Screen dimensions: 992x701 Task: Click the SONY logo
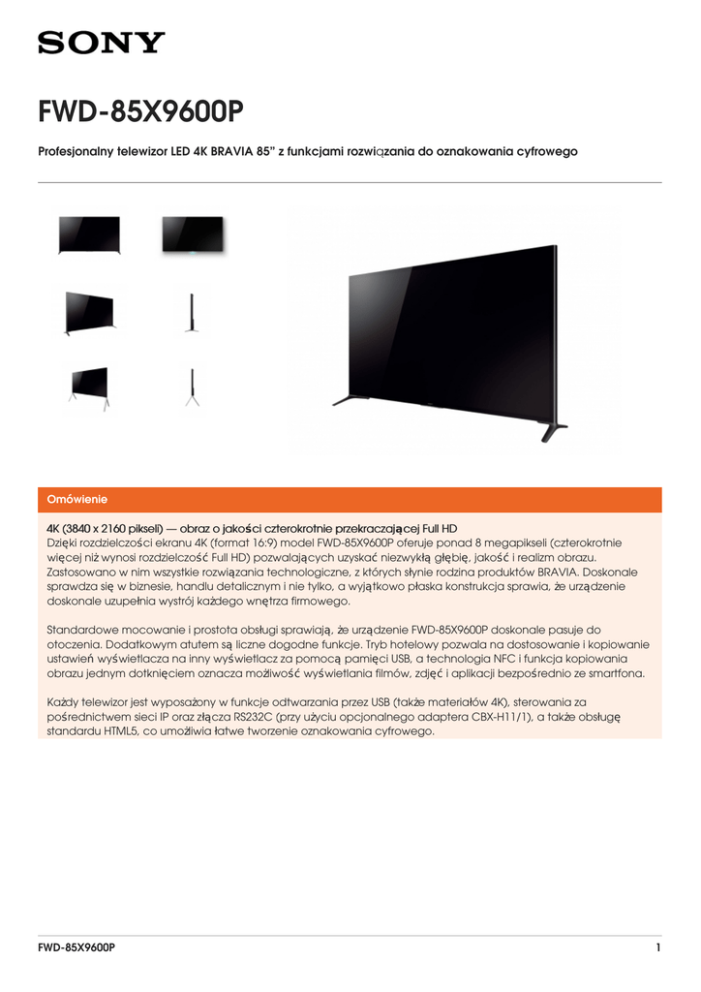pyautogui.click(x=102, y=43)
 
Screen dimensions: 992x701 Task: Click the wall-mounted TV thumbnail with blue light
pyautogui.click(x=192, y=235)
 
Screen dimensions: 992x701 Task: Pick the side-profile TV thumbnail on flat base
pyautogui.click(x=192, y=312)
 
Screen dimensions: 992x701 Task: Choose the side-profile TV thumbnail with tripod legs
pyautogui.click(x=192, y=387)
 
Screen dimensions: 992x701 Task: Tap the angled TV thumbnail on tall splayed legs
pyautogui.click(x=89, y=385)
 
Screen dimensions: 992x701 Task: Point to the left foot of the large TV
pyautogui.click(x=346, y=398)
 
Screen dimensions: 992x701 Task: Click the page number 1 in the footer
pyautogui.click(x=658, y=947)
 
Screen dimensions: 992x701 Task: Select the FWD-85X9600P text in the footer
pyautogui.click(x=76, y=947)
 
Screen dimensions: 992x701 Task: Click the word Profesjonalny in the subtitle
pyautogui.click(x=76, y=152)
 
